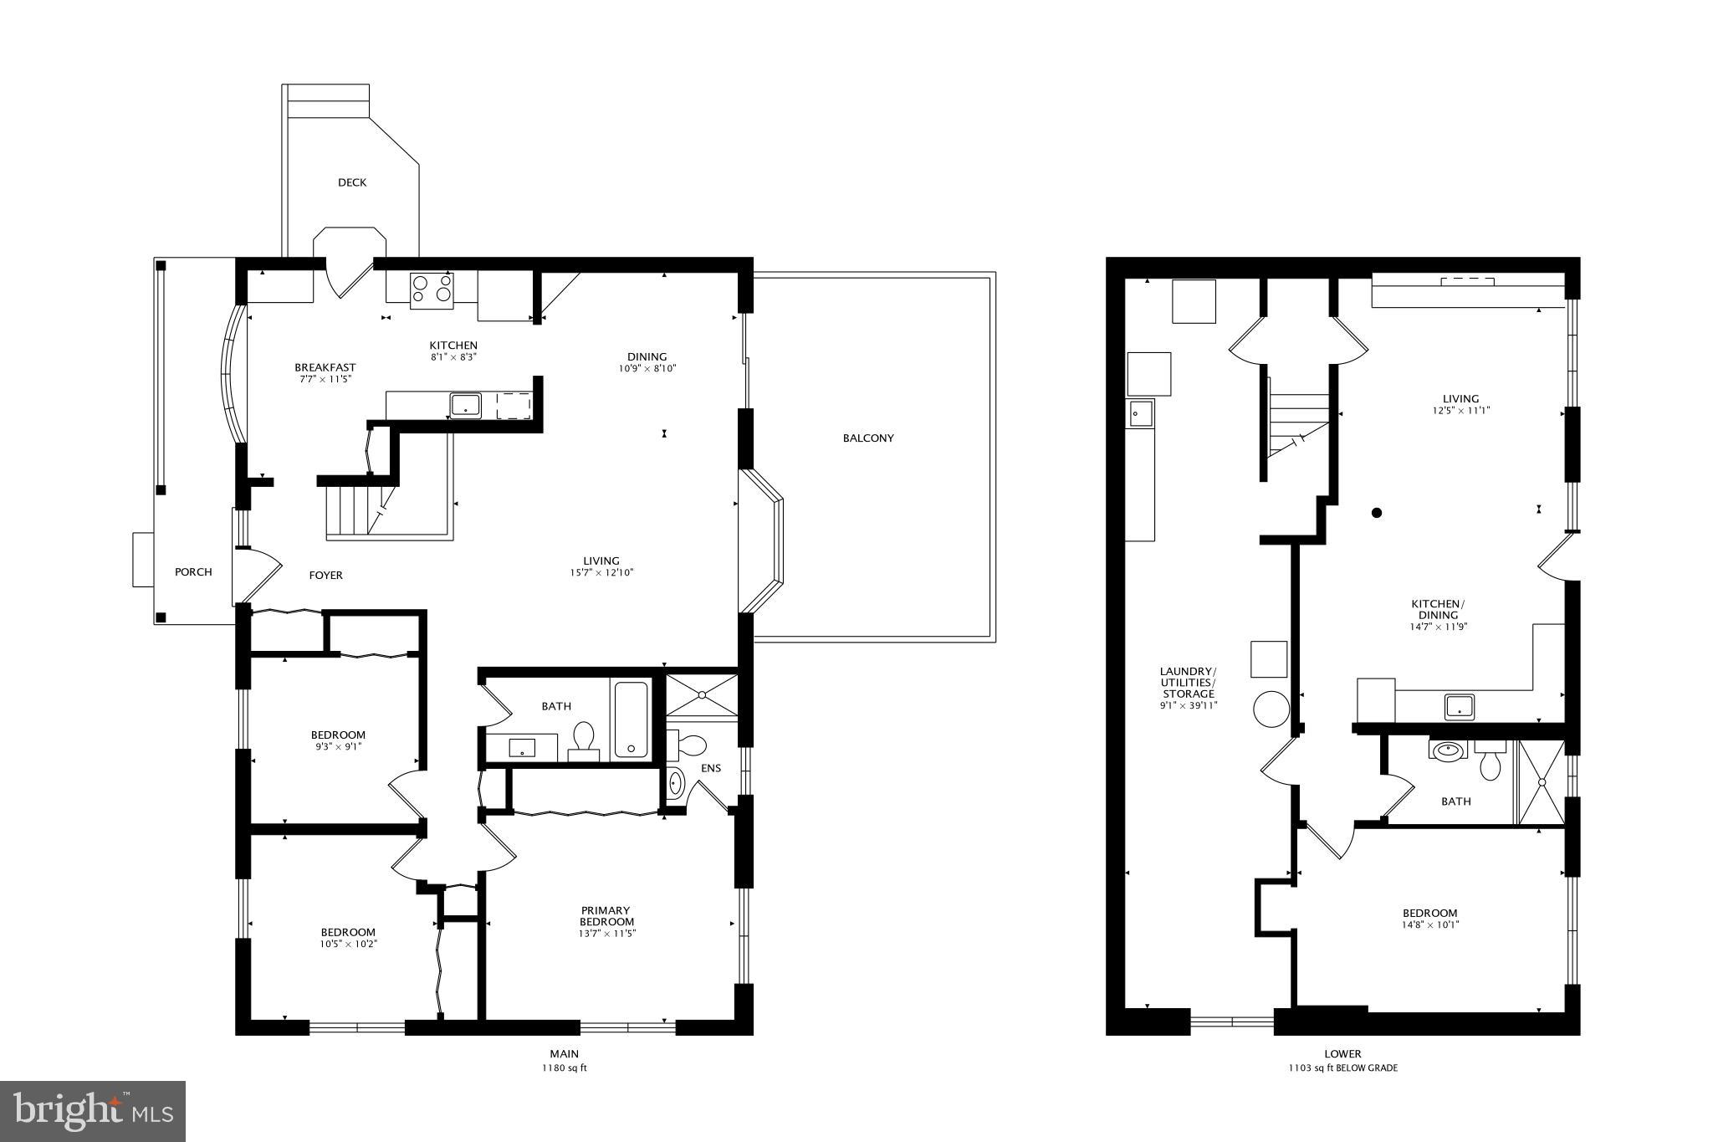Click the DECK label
pos(352,182)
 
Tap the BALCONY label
pos(868,438)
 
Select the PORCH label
pos(193,572)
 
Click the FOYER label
pos(326,575)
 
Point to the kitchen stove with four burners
pos(432,289)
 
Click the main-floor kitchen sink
pos(465,405)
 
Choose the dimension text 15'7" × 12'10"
pos(601,573)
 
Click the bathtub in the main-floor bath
pos(631,720)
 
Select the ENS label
pos(711,769)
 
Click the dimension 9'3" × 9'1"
pos(338,747)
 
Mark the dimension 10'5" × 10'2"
pos(348,945)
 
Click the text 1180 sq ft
pos(565,1068)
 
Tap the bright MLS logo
pos(93,1111)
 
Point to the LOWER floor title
pos(1342,1054)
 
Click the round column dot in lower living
pos(1377,513)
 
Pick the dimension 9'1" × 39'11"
pos(1188,705)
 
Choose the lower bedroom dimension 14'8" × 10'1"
pos(1430,925)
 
